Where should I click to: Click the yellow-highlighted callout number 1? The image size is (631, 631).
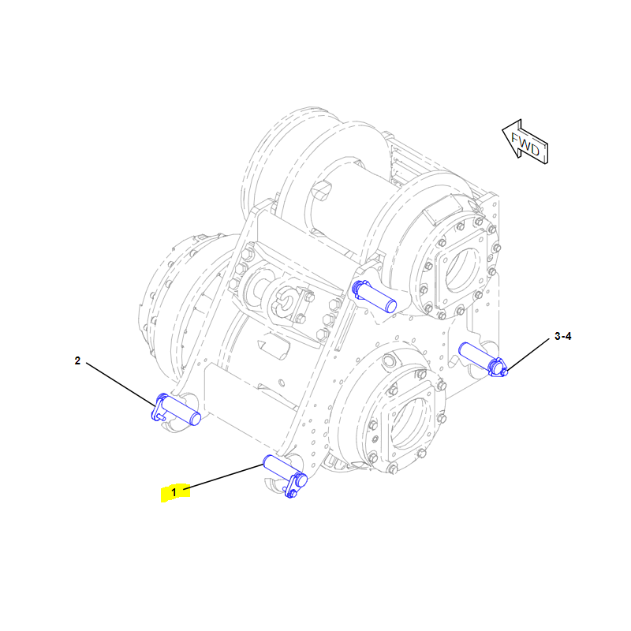(x=174, y=492)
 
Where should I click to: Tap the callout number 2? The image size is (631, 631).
(x=77, y=360)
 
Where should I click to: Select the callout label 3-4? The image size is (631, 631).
(x=562, y=336)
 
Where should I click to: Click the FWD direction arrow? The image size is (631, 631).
(x=525, y=142)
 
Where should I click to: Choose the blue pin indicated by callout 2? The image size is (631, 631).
(x=176, y=409)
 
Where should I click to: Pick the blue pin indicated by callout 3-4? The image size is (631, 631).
(x=484, y=359)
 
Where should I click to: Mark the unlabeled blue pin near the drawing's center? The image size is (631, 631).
(x=374, y=297)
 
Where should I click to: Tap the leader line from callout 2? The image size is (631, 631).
(x=121, y=384)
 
